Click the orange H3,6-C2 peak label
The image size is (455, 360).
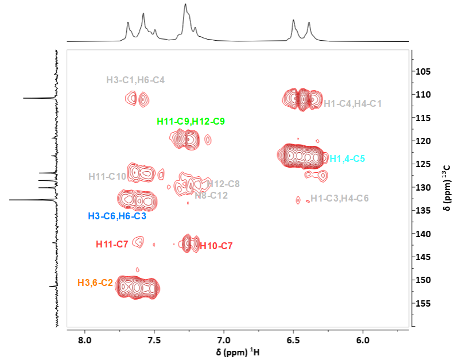pos(95,282)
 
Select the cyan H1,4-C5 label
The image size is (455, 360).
pos(347,159)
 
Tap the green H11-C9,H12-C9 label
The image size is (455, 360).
pos(190,121)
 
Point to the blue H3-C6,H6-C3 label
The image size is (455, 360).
pos(117,216)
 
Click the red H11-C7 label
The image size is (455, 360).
pos(112,245)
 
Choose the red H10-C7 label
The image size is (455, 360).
pos(216,246)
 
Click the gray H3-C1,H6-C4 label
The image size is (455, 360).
pos(135,80)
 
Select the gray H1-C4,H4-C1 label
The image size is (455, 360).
pos(352,104)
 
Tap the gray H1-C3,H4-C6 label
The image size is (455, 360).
pos(340,198)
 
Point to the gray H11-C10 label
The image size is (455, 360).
pos(107,176)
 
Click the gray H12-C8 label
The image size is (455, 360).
pos(223,184)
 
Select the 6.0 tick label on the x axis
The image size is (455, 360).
pos(363,340)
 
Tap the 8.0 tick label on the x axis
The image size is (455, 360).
pos(85,340)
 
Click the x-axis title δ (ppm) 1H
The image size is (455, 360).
pos(238,352)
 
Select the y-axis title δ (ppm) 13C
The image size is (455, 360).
pos(447,188)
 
